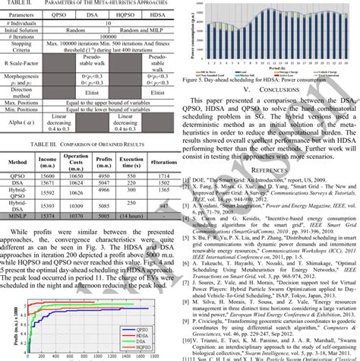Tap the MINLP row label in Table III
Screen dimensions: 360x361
[x=17, y=216]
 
